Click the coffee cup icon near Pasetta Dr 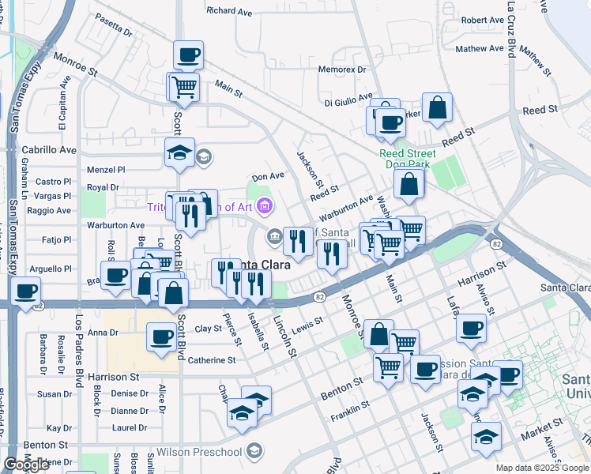click(x=188, y=55)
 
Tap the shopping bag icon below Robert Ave click(x=437, y=107)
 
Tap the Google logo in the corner click(x=26, y=465)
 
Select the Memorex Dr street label click(x=342, y=70)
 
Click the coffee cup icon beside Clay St click(x=162, y=337)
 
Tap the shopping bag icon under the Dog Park click(x=408, y=185)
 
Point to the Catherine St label click(x=212, y=359)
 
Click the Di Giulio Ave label click(x=348, y=100)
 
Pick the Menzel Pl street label click(x=106, y=169)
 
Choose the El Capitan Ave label click(x=62, y=107)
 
